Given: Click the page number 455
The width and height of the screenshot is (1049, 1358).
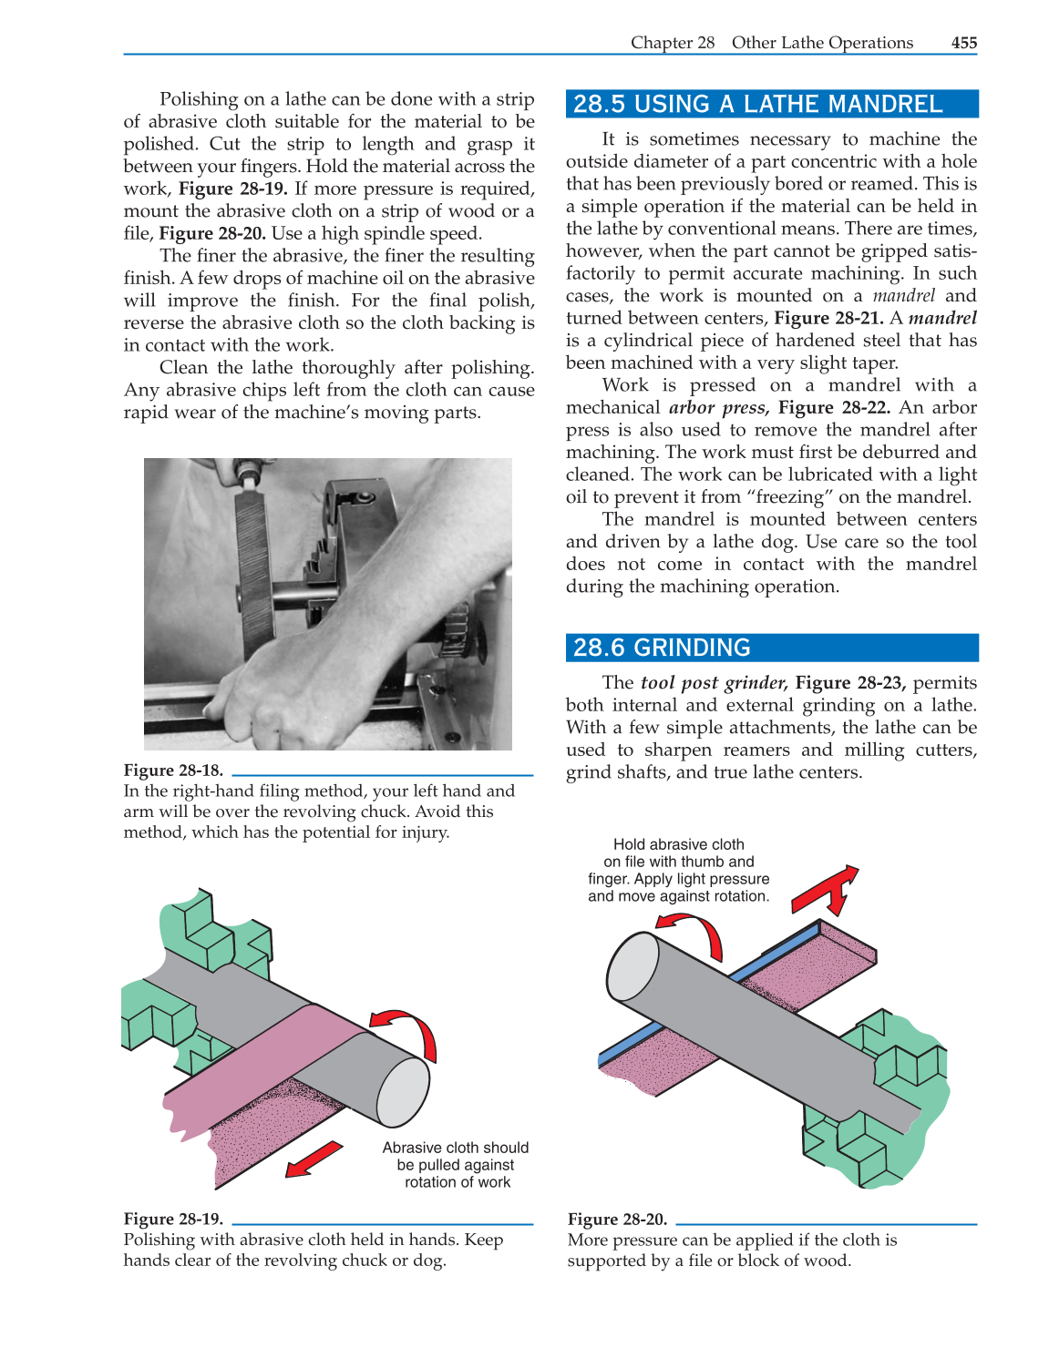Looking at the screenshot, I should pyautogui.click(x=963, y=43).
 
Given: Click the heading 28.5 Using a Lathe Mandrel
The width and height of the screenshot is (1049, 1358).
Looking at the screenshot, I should pyautogui.click(x=757, y=104).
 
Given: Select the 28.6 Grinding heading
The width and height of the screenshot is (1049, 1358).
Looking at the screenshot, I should pyautogui.click(x=662, y=648).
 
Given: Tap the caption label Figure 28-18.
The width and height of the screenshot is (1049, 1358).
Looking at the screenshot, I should pyautogui.click(x=173, y=771).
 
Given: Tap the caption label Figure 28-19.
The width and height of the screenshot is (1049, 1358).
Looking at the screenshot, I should pyautogui.click(x=173, y=1219).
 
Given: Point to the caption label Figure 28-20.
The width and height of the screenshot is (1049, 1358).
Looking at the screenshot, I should pyautogui.click(x=617, y=1219).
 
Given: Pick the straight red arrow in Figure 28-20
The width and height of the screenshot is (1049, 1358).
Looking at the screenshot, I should pyautogui.click(x=826, y=889).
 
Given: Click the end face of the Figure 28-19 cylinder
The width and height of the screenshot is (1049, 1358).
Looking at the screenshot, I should pyautogui.click(x=403, y=1092).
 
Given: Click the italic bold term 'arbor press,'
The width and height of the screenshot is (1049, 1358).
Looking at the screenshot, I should pyautogui.click(x=718, y=408).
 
